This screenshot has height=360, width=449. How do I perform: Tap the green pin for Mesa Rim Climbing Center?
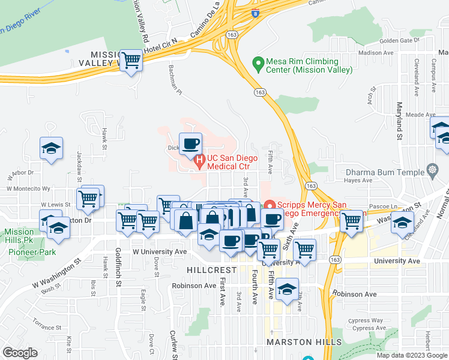pyautogui.click(x=259, y=62)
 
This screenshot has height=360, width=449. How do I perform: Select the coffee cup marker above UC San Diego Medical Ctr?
pyautogui.click(x=191, y=144)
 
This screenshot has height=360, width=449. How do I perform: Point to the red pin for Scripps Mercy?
pyautogui.click(x=270, y=205)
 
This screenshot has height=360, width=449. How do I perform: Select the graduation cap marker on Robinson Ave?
pyautogui.click(x=288, y=290)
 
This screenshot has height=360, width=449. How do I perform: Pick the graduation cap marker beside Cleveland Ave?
pyautogui.click(x=402, y=223)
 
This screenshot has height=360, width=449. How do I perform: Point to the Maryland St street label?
pyautogui.click(x=399, y=125)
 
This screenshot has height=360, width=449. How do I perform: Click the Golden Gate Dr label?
pyautogui.click(x=399, y=41)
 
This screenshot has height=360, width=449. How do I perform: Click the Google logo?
pyautogui.click(x=20, y=352)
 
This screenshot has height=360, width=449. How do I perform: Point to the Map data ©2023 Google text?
pyautogui.click(x=411, y=355)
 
